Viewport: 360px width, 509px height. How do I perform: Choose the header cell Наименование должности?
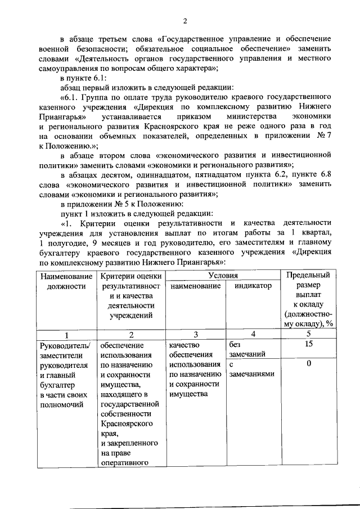[65, 281]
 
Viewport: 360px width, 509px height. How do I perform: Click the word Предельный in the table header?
[307, 276]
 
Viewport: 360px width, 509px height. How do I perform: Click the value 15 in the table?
[307, 344]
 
